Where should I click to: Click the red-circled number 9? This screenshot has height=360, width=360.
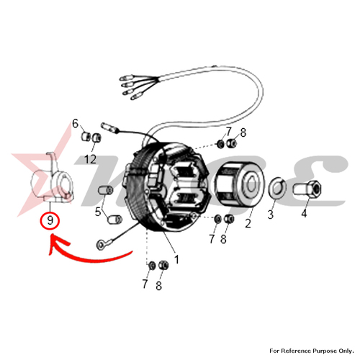pyautogui.click(x=50, y=220)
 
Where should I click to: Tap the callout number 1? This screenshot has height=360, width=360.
pyautogui.click(x=176, y=259)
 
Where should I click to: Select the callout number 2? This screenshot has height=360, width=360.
pyautogui.click(x=248, y=223)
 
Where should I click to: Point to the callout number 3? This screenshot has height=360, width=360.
pyautogui.click(x=271, y=214)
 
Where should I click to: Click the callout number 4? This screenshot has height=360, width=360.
pyautogui.click(x=304, y=213)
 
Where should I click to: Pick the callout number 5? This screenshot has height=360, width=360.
pyautogui.click(x=98, y=212)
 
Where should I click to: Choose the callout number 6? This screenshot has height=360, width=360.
pyautogui.click(x=75, y=124)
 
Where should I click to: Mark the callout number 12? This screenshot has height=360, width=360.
pyautogui.click(x=90, y=159)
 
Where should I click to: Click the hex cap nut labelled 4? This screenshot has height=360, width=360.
pyautogui.click(x=307, y=187)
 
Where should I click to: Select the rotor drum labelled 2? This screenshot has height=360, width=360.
pyautogui.click(x=239, y=184)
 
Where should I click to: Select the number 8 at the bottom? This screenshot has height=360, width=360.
pyautogui.click(x=158, y=286)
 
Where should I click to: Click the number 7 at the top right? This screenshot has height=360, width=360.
pyautogui.click(x=228, y=132)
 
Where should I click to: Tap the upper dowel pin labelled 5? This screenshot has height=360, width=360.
pyautogui.click(x=106, y=191)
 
